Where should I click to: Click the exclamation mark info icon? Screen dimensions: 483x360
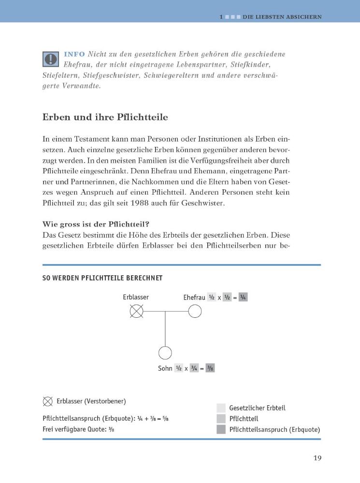50,58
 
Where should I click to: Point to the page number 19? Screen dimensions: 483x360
317,458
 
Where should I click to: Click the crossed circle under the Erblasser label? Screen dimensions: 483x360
137,312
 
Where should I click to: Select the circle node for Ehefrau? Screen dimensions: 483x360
195,312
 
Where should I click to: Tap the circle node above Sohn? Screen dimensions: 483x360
165,353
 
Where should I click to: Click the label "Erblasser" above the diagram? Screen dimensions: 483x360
136,297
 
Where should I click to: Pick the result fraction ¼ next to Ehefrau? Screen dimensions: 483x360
243,298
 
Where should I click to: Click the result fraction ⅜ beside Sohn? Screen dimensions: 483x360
210,368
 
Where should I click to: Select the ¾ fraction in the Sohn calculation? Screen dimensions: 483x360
194,368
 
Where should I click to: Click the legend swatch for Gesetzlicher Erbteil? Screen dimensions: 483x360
221,408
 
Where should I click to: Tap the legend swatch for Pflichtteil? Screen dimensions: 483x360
221,418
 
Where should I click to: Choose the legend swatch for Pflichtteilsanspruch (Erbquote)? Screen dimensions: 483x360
221,429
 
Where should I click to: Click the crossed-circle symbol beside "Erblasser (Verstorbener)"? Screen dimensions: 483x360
48,401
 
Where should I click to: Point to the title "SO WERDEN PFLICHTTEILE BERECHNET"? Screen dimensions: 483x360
102,278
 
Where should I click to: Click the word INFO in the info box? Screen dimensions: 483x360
74,54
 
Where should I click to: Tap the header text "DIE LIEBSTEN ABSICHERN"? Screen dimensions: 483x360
282,17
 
